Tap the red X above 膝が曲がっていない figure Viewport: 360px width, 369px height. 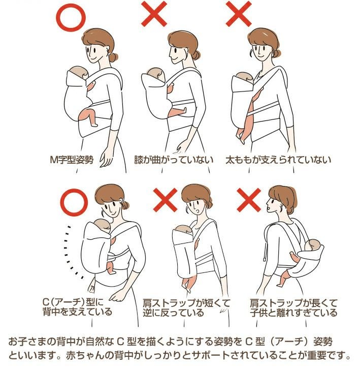154,14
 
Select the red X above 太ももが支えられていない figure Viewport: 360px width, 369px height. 239,14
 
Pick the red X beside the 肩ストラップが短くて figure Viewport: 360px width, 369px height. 165,200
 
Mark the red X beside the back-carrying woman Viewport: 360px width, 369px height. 249,200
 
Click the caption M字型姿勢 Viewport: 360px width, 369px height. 72,160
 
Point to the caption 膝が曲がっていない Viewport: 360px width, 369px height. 174,160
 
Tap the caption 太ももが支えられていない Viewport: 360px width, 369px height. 278,160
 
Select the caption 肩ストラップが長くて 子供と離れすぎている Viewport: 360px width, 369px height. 293,307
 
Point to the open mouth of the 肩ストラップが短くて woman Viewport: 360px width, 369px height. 198,211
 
